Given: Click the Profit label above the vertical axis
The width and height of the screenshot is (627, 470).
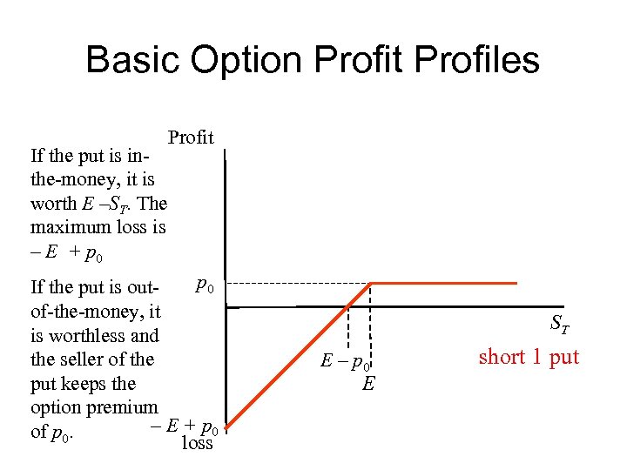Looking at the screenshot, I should (191, 138).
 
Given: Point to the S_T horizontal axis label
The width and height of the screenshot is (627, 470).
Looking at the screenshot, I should (560, 325).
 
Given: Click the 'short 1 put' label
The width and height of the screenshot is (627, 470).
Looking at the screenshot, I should (529, 357).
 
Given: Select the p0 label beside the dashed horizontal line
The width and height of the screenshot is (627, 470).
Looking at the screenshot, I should (203, 284).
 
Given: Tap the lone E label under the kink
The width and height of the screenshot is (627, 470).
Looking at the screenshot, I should (368, 383).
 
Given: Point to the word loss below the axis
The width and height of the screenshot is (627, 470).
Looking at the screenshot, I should (197, 442).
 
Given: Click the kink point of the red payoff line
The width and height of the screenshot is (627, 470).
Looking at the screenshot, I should (372, 283).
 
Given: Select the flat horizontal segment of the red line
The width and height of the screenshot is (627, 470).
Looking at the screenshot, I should (444, 283).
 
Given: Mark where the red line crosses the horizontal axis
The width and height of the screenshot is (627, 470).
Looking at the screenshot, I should (348, 306).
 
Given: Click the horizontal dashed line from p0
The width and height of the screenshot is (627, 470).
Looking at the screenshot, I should (296, 284).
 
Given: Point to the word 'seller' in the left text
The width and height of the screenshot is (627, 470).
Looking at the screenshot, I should (91, 359).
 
